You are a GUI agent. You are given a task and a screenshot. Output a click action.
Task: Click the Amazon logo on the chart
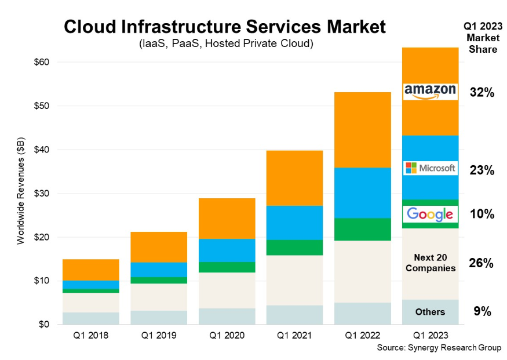click(x=430, y=91)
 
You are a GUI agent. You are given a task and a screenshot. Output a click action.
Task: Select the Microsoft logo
click(x=430, y=169)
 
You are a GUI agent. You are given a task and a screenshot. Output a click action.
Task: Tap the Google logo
click(x=430, y=214)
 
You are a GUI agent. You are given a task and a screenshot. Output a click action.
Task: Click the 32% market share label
click(x=482, y=92)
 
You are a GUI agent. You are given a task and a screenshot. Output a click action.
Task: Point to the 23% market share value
click(x=482, y=170)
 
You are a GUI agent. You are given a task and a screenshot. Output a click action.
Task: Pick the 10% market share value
click(x=482, y=214)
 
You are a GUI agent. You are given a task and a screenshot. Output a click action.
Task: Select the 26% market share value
click(x=482, y=263)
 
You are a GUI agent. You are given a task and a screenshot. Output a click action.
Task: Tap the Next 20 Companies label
click(x=430, y=263)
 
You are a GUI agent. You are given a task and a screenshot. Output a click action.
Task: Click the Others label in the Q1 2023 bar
click(x=430, y=312)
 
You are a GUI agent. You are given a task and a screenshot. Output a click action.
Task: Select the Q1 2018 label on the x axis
click(x=90, y=335)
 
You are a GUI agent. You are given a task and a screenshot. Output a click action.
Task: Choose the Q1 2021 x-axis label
click(x=294, y=335)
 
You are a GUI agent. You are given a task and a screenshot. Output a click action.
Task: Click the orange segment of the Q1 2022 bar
click(x=362, y=129)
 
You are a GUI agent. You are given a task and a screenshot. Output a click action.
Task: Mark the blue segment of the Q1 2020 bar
click(x=227, y=250)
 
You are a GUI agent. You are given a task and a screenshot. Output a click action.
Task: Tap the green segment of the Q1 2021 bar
click(x=294, y=247)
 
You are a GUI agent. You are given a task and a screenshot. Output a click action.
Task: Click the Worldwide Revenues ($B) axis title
click(x=21, y=193)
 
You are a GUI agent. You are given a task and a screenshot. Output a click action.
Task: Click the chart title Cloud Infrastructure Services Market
click(x=224, y=27)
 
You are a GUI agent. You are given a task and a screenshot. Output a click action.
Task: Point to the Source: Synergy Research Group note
click(x=439, y=347)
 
